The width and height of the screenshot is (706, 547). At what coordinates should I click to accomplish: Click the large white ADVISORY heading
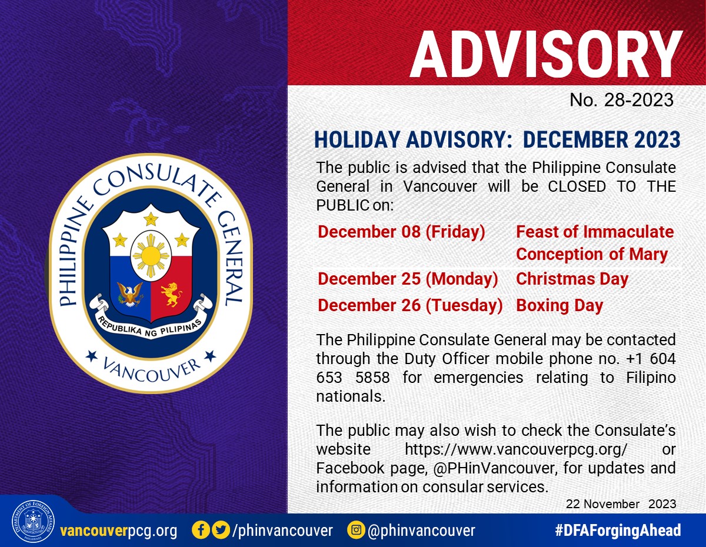click(x=547, y=54)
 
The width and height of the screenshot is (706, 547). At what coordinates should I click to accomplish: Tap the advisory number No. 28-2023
click(x=621, y=100)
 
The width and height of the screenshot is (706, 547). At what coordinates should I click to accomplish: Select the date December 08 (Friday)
click(x=401, y=232)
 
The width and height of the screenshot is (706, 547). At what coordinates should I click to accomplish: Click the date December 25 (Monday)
click(x=408, y=279)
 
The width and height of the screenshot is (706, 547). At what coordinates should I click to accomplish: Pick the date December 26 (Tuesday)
click(x=410, y=305)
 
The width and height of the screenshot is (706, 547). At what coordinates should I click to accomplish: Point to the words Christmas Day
click(x=572, y=279)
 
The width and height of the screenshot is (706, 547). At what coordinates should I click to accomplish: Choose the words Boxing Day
click(x=560, y=305)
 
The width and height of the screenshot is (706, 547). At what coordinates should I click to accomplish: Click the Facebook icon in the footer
click(x=201, y=530)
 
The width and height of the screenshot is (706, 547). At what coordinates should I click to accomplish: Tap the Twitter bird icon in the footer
click(x=221, y=530)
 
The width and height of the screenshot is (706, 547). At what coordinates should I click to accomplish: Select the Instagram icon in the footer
click(x=356, y=530)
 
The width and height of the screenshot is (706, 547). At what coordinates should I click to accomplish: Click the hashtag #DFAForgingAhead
click(x=618, y=530)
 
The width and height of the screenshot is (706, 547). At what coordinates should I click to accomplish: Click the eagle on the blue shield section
click(x=130, y=294)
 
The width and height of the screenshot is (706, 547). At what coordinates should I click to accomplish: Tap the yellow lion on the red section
click(x=171, y=294)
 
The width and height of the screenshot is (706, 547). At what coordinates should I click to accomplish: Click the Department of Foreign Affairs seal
click(x=33, y=521)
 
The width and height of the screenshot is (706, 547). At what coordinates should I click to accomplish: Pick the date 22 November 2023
click(x=621, y=504)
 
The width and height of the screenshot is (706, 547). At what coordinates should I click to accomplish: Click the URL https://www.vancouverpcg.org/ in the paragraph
click(x=516, y=449)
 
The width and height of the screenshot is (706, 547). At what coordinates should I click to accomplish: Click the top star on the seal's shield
click(x=151, y=219)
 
